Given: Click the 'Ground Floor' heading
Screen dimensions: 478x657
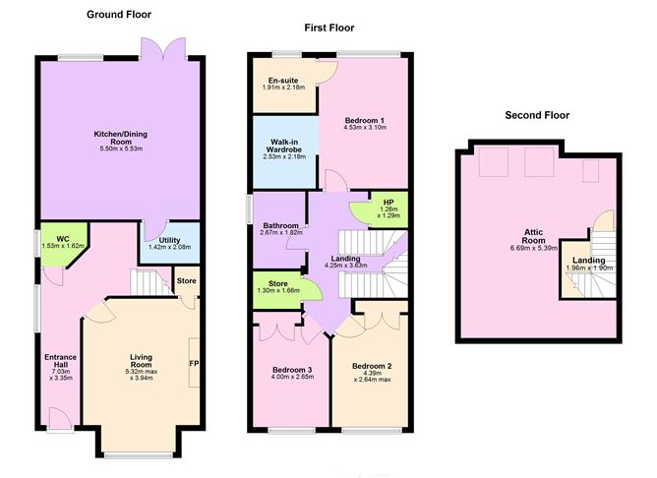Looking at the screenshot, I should coord(118,14).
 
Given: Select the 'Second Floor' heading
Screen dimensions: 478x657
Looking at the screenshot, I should coord(536,115).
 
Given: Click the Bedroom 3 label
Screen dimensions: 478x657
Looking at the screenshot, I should coord(292,370).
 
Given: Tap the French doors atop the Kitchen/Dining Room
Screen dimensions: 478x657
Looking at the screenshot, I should coord(163,48).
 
